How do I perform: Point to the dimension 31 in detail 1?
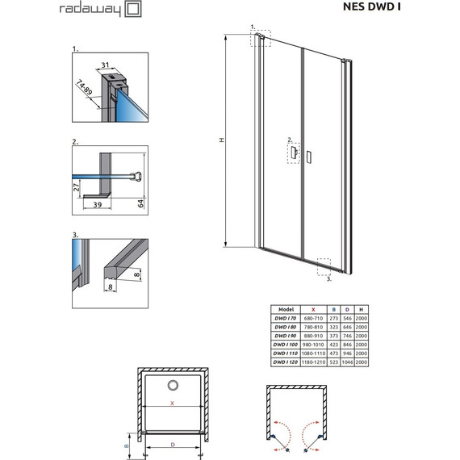[x=105, y=65]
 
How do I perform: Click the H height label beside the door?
[x=221, y=140]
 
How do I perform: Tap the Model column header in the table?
[x=285, y=309]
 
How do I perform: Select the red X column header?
[x=312, y=309]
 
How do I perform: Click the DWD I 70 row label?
[x=285, y=318]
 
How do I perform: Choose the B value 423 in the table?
[x=332, y=344]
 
